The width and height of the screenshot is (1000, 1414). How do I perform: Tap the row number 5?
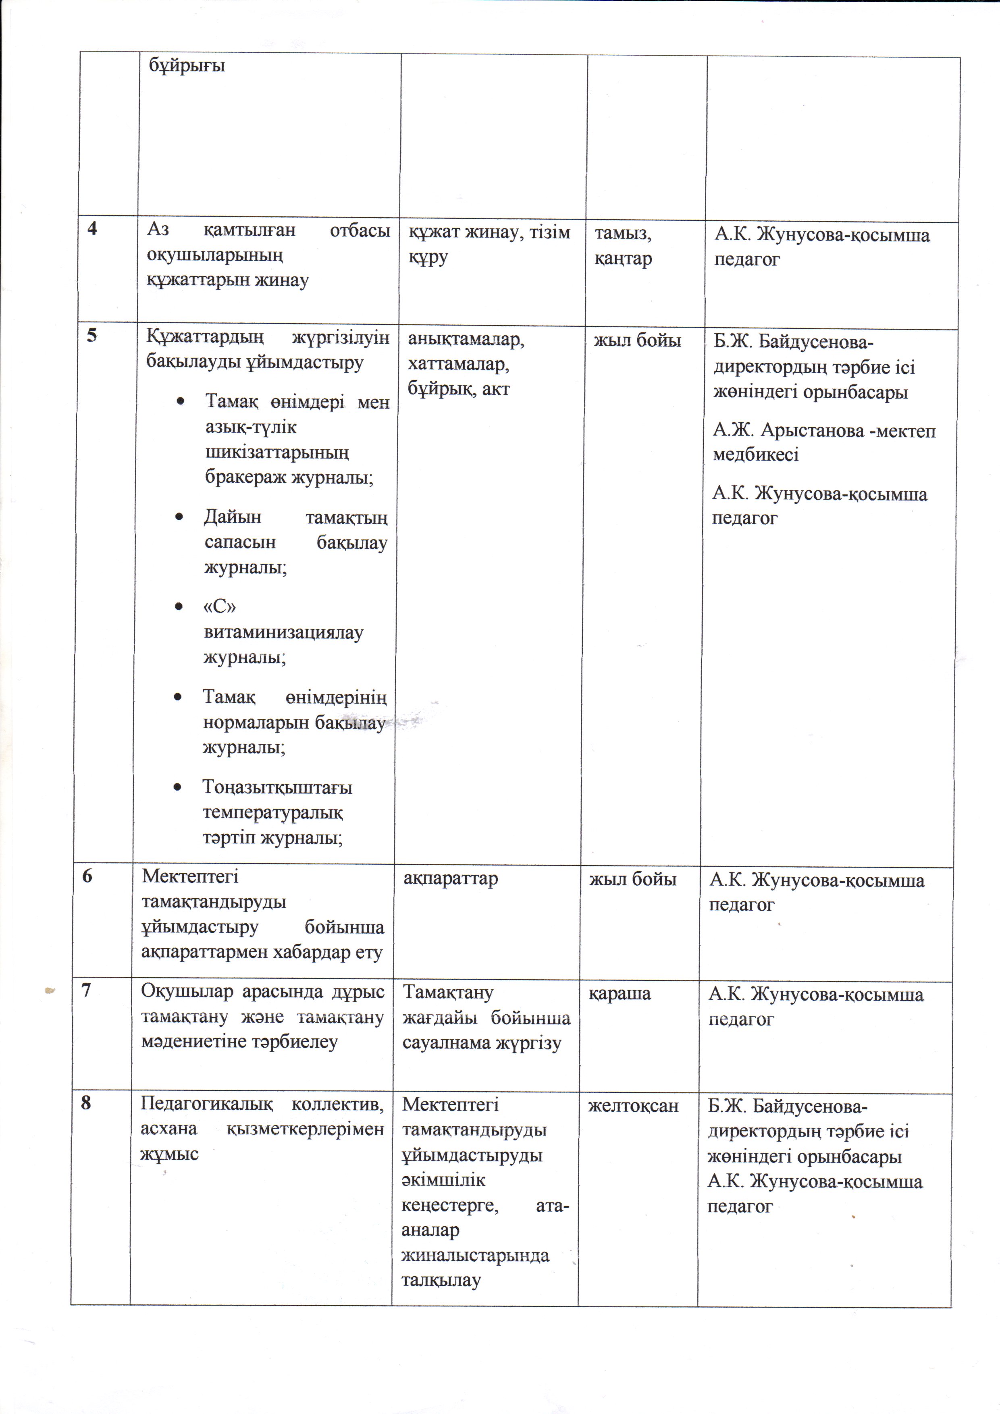[x=92, y=336]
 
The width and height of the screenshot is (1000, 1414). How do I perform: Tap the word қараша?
[x=619, y=993]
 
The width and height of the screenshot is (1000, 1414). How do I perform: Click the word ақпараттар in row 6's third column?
[x=450, y=878]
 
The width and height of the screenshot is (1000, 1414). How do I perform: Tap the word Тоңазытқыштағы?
[x=277, y=788]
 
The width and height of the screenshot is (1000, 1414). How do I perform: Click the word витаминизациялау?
[x=283, y=633]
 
